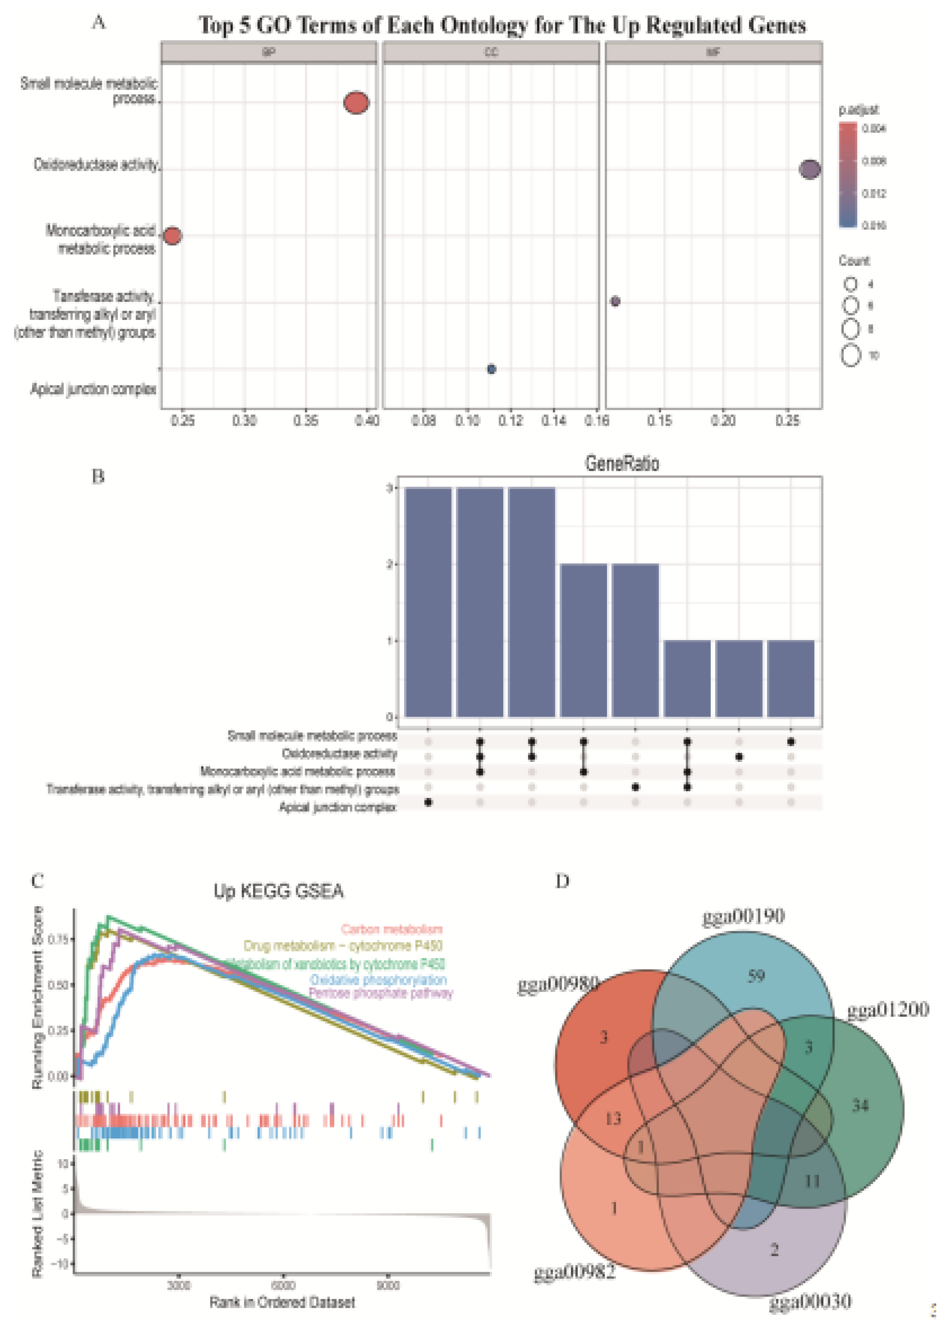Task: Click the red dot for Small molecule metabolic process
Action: coord(356,102)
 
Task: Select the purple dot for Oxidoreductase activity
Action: coord(809,169)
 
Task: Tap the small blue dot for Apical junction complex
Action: coord(491,369)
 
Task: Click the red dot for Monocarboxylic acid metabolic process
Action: coord(172,236)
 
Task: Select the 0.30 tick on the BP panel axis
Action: coord(244,421)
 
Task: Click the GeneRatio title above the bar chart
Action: coord(622,463)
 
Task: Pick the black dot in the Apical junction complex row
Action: coord(428,802)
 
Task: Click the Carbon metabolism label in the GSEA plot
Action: coord(391,930)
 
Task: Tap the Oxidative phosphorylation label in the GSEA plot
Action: coord(378,980)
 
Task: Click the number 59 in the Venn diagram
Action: coord(756,976)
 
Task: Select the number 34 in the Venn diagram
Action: coord(860,1105)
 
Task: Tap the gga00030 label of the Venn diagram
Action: coord(810,1302)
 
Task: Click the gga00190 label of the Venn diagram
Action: coord(743,916)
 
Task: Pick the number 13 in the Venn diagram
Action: coord(612,1119)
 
